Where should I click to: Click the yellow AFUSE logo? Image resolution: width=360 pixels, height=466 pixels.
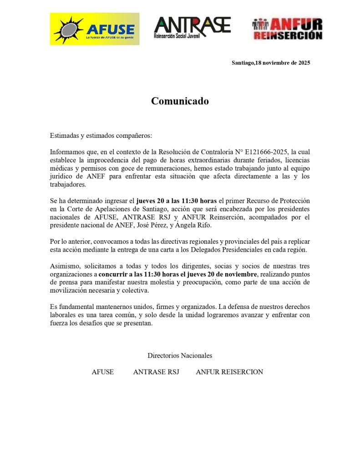pyautogui.click(x=95, y=29)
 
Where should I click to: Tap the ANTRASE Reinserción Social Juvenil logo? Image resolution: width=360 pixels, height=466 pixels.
pyautogui.click(x=192, y=28)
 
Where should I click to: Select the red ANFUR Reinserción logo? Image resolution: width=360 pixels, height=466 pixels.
pyautogui.click(x=287, y=29)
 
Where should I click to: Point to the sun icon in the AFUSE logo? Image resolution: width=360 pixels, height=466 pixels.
pyautogui.click(x=68, y=30)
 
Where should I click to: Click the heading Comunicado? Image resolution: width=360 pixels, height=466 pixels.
pyautogui.click(x=180, y=101)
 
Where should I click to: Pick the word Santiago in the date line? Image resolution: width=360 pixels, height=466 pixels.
pyautogui.click(x=243, y=63)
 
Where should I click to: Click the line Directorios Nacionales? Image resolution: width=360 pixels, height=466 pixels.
pyautogui.click(x=180, y=355)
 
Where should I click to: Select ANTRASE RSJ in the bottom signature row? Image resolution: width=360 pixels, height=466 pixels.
pyautogui.click(x=156, y=372)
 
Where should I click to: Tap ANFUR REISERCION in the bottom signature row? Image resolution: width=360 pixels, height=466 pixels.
pyautogui.click(x=229, y=372)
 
